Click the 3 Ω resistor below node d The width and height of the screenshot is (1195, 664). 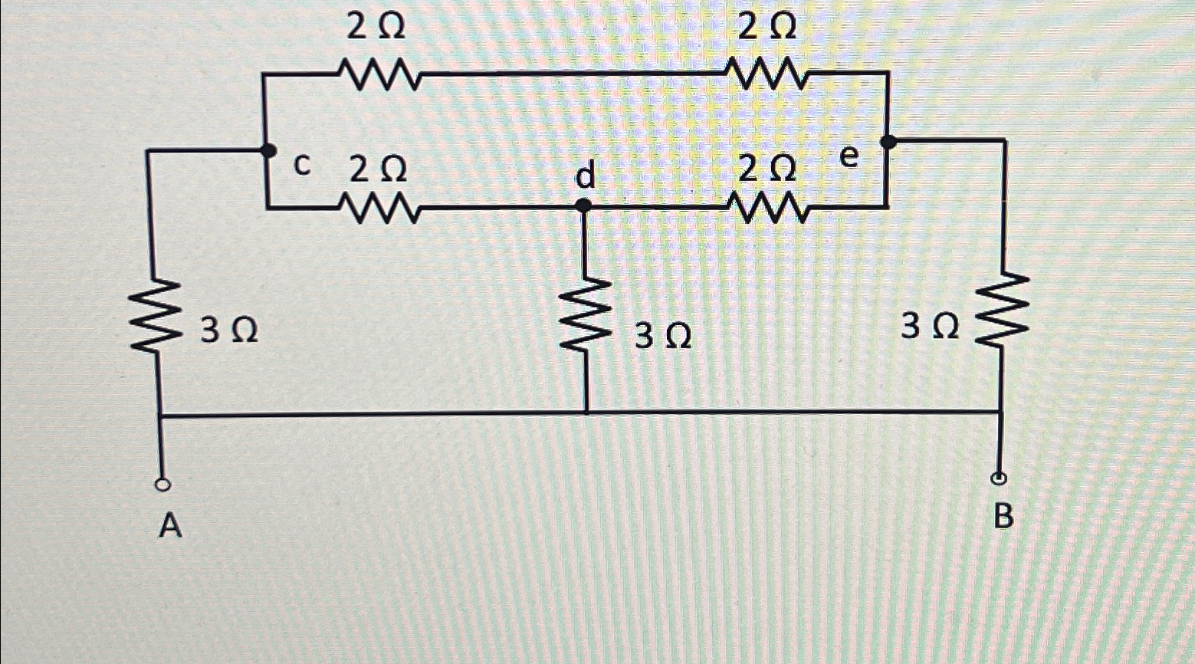[x=586, y=315]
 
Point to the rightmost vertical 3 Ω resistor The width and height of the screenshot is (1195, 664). [x=1003, y=314]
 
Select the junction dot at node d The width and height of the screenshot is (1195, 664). [x=583, y=205]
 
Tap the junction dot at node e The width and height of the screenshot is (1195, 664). [x=888, y=142]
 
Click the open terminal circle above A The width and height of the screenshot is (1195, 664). [x=162, y=485]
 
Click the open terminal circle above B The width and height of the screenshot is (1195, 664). [x=999, y=479]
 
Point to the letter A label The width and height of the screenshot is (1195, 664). [x=170, y=526]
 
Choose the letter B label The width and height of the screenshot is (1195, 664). [x=1003, y=518]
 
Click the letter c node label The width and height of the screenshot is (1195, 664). [x=304, y=165]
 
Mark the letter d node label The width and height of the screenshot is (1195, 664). [x=585, y=177]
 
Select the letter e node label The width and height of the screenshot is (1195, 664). [x=849, y=157]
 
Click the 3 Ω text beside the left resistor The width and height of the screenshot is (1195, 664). [x=229, y=331]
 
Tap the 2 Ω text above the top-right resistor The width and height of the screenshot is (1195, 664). [x=764, y=29]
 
